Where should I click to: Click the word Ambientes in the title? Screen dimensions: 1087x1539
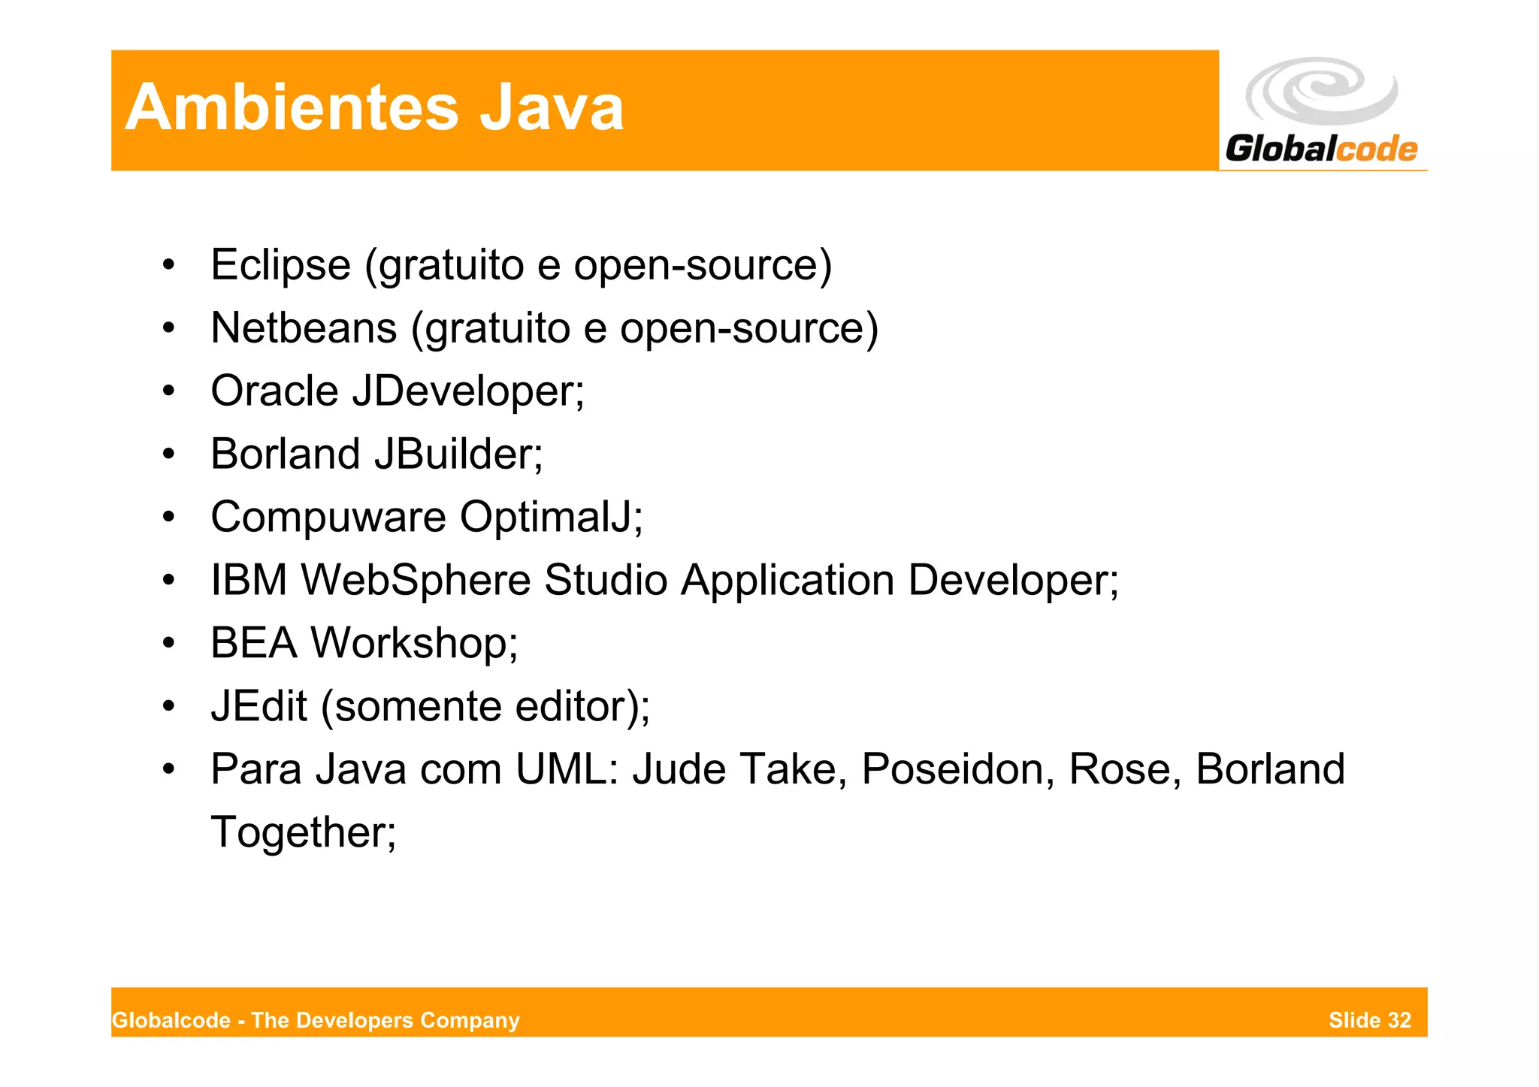tap(292, 108)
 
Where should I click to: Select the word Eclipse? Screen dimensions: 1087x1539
tap(280, 265)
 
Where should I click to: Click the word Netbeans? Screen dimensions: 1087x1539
tap(304, 328)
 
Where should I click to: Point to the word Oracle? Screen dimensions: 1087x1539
tap(274, 391)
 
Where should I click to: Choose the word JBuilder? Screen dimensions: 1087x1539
tap(458, 454)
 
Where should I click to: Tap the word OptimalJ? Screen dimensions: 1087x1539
tap(550, 518)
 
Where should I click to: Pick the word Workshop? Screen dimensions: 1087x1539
tap(414, 644)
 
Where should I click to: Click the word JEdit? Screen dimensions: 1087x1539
tap(259, 707)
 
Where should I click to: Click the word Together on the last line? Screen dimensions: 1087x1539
tap(303, 833)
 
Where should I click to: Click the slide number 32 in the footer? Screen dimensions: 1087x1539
tap(1399, 1020)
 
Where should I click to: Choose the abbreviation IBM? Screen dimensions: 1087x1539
tap(249, 581)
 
